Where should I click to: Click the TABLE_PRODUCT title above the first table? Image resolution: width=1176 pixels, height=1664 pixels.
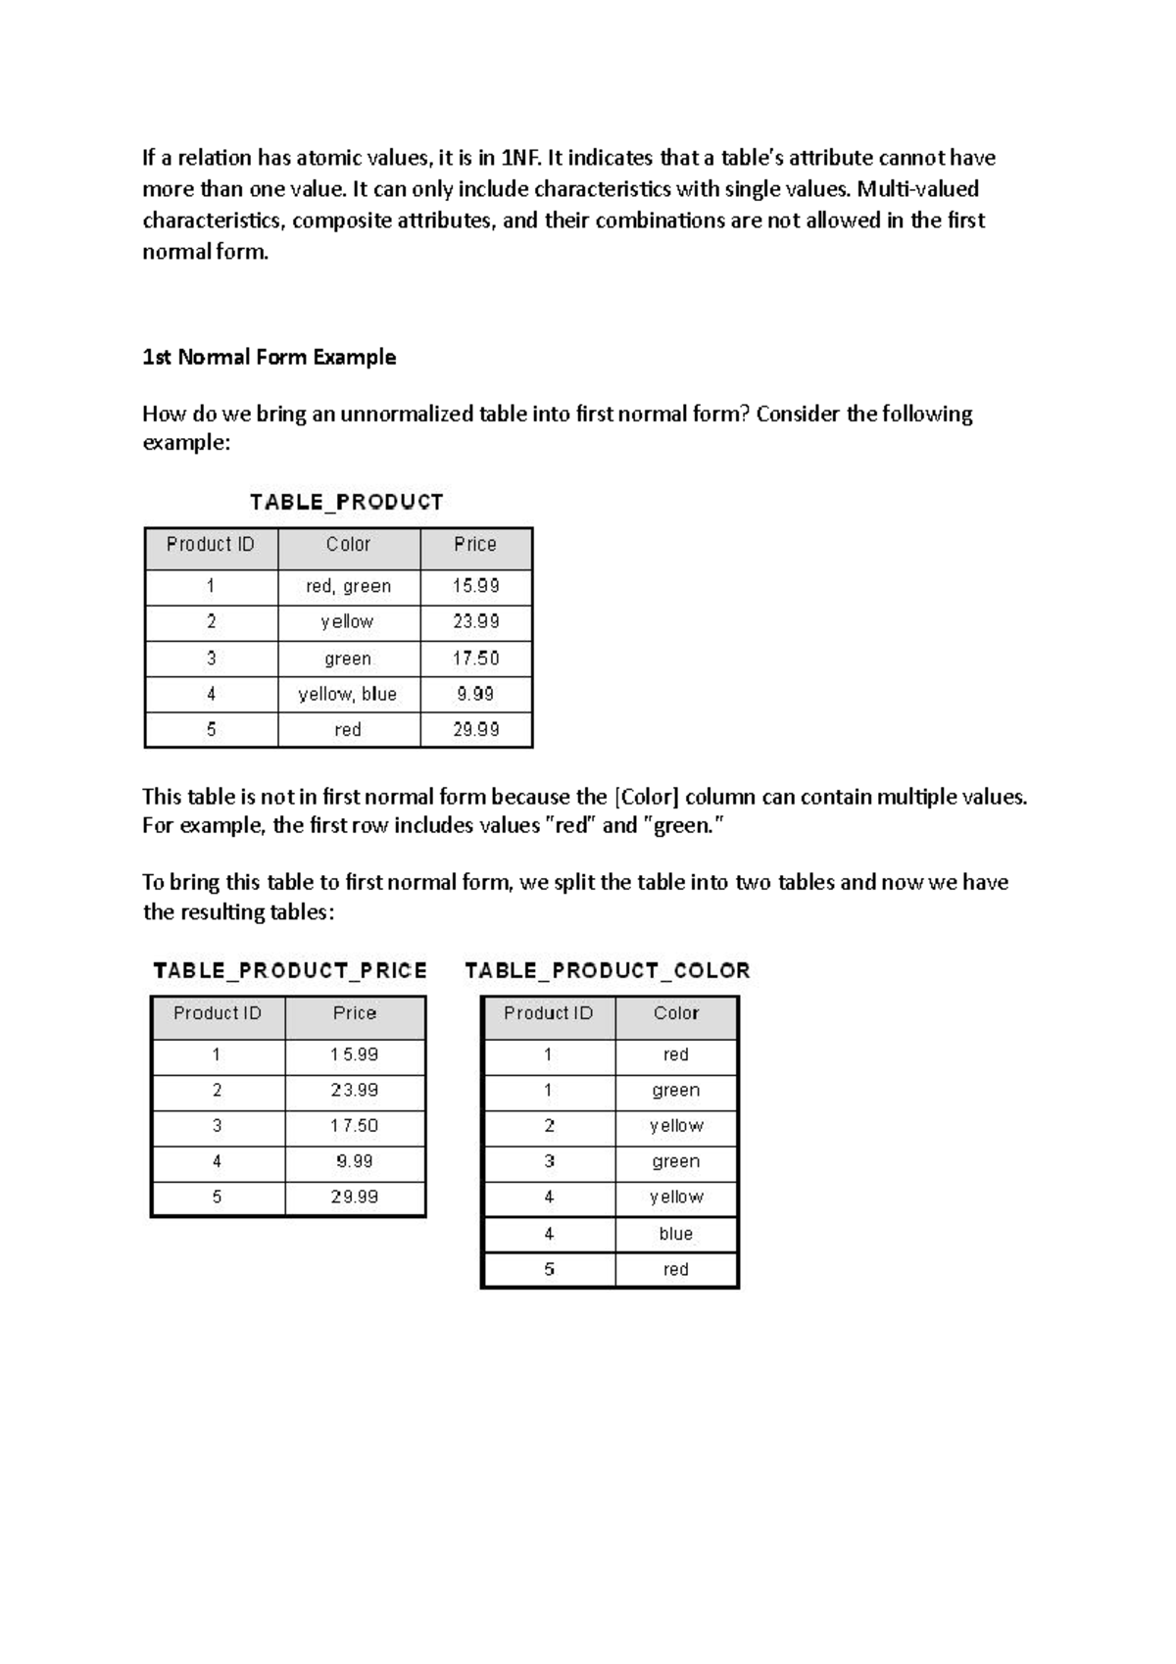coord(346,503)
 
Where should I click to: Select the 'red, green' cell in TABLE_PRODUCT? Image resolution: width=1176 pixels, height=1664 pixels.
coord(348,586)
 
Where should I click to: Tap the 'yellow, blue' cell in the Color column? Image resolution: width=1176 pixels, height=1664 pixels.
coord(348,694)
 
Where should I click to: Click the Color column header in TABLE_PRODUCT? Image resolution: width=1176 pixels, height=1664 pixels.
coord(348,544)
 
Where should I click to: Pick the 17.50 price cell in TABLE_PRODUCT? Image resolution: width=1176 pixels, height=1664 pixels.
coord(475,659)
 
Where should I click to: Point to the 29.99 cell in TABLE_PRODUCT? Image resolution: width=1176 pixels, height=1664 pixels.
coord(475,729)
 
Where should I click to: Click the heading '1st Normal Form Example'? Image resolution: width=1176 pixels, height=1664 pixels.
coord(269,357)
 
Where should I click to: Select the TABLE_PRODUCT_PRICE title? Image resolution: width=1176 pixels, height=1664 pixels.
coord(290,971)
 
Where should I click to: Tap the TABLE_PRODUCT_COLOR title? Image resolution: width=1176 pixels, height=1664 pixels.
coord(607,971)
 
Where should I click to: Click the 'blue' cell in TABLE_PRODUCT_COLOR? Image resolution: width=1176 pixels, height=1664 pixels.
coord(675,1234)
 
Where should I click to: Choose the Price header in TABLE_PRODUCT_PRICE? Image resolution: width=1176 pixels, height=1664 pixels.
coord(355,1013)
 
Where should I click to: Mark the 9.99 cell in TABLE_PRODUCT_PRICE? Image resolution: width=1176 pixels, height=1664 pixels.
coord(355,1161)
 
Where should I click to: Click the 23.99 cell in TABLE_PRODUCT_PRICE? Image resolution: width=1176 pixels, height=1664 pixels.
coord(355,1090)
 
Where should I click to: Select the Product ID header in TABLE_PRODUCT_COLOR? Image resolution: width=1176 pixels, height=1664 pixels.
coord(548,1013)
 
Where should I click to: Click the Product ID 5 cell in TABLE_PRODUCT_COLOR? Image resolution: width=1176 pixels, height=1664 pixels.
coord(549,1269)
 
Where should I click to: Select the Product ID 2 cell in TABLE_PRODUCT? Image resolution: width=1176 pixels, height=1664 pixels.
coord(211,621)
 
